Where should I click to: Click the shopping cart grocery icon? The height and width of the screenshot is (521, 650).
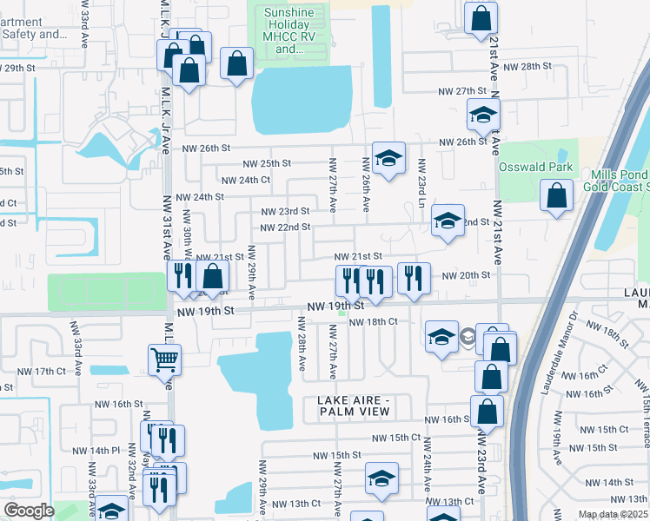(164, 358)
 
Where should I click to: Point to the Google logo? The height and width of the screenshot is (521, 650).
(28, 511)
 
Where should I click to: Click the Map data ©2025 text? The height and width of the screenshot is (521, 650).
(613, 514)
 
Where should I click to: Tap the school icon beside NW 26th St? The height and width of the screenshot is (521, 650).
(388, 157)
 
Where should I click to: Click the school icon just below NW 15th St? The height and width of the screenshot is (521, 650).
(381, 478)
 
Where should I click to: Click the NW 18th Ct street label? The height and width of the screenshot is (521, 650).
(373, 322)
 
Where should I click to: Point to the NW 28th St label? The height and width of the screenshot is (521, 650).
(530, 66)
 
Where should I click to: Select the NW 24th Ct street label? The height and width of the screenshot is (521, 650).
(246, 181)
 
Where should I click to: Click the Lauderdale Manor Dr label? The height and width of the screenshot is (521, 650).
(559, 354)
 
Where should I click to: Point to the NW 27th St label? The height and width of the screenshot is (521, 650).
(461, 90)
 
